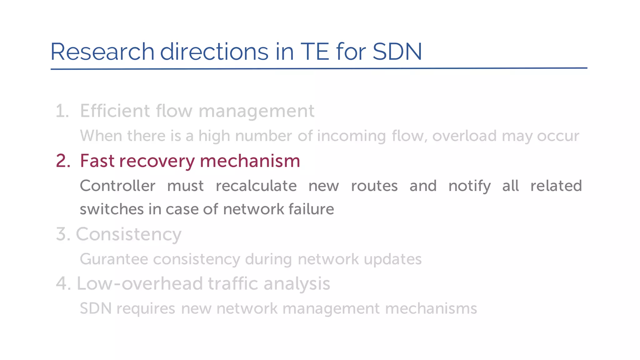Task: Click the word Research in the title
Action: click(x=102, y=52)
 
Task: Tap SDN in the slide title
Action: click(x=397, y=52)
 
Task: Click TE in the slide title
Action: click(x=315, y=52)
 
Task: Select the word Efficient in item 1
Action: click(x=115, y=111)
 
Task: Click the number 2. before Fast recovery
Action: click(x=63, y=161)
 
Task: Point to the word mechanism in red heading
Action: click(x=250, y=161)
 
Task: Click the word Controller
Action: click(x=117, y=186)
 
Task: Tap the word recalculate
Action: click(x=256, y=186)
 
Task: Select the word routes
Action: click(x=374, y=186)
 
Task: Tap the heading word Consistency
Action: click(x=128, y=234)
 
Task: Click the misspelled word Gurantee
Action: click(x=114, y=259)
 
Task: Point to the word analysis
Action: click(x=297, y=284)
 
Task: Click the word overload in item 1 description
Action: click(x=464, y=136)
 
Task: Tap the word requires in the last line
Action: click(x=146, y=309)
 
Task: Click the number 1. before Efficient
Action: click(x=62, y=111)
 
